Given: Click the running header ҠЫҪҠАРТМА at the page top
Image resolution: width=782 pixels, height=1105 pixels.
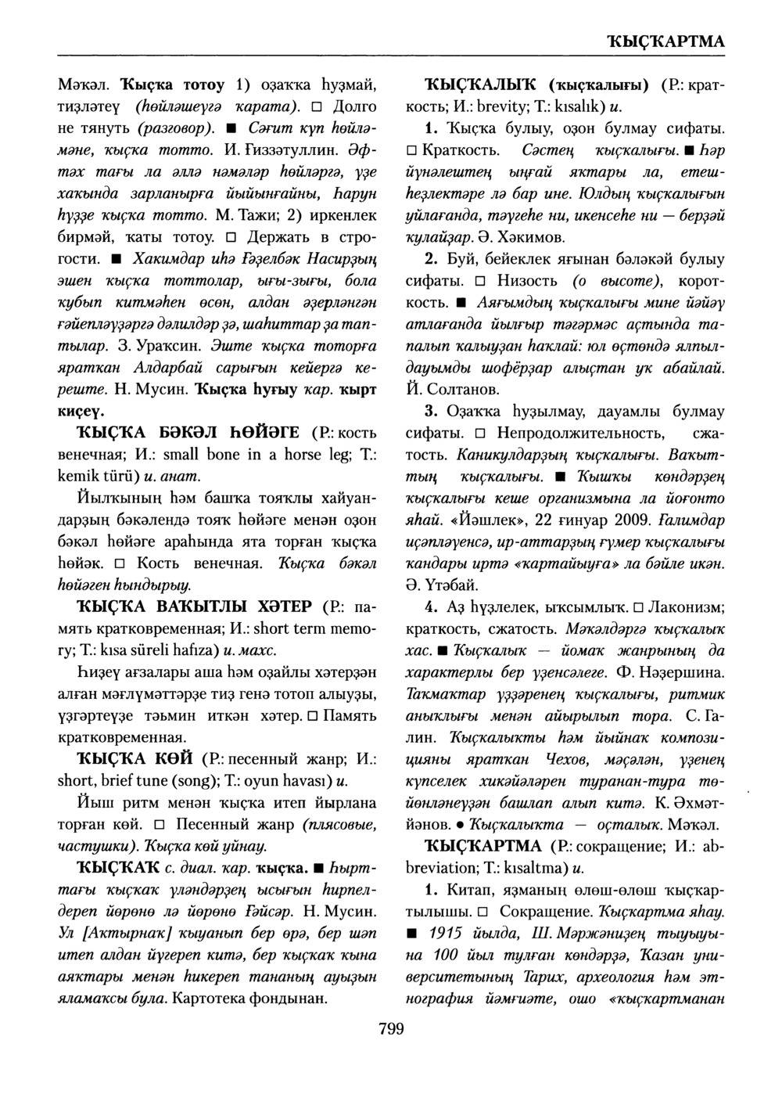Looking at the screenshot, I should click(664, 41).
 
